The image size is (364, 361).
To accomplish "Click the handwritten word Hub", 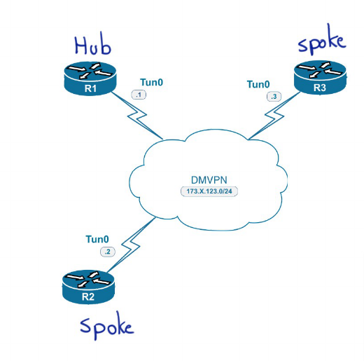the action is tap(93, 46).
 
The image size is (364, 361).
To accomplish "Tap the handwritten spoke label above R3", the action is tap(322, 40).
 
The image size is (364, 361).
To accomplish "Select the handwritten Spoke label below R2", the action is tap(107, 325).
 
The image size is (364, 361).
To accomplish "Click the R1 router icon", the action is tap(90, 79).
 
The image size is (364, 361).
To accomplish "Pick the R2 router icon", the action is tap(88, 287).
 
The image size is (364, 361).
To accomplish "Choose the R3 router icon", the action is tap(320, 78).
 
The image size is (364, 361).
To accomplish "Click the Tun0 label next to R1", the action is tap(151, 82).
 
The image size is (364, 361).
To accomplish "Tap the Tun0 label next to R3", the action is tap(258, 84).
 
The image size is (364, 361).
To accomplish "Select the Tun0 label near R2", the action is tap(97, 239).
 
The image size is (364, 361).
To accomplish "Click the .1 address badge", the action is tap(139, 95).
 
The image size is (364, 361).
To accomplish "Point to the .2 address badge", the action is tap(108, 252).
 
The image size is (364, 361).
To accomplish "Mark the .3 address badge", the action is tap(274, 97).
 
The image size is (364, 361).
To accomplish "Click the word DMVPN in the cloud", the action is tap(209, 180).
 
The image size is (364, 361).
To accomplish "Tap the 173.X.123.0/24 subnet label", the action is tap(209, 191).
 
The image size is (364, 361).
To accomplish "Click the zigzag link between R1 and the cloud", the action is tap(136, 116).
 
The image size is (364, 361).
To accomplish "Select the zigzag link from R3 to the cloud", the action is tap(274, 116).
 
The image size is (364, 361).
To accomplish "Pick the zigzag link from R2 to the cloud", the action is tap(131, 245).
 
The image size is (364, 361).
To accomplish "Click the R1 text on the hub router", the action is tap(90, 88).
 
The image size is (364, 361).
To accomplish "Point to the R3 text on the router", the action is tap(320, 88).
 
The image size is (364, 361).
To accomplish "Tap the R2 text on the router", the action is tap(88, 297).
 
